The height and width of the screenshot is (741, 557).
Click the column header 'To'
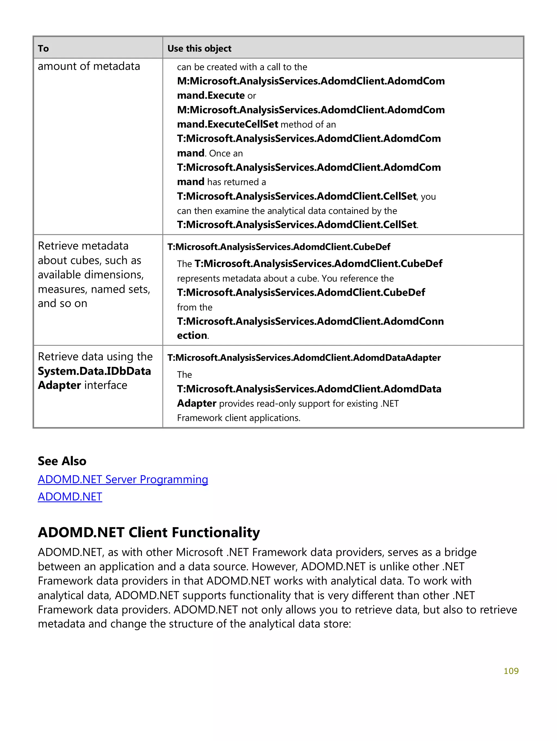tap(43, 49)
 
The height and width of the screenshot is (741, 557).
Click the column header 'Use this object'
tap(199, 49)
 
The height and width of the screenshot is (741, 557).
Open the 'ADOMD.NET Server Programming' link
tap(123, 480)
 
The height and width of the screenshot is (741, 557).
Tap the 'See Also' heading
tap(62, 461)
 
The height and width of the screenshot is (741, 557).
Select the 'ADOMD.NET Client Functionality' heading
tap(149, 532)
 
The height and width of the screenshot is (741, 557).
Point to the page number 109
tap(511, 671)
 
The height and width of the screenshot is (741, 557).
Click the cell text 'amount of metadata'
tap(89, 66)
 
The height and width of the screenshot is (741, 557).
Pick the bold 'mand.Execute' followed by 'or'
tap(211, 95)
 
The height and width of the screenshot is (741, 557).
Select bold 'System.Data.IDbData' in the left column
tap(94, 371)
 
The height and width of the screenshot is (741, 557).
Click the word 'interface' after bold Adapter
tap(106, 385)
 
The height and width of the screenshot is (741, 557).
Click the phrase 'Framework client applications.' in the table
tap(239, 418)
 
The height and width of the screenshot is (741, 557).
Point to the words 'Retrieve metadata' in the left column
tap(83, 246)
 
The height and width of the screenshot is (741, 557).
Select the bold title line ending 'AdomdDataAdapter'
tap(304, 358)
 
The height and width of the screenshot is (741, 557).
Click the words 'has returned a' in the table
tap(236, 182)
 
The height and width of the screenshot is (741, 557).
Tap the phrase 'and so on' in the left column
tap(62, 304)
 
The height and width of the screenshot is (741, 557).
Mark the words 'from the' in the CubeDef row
tap(194, 307)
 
